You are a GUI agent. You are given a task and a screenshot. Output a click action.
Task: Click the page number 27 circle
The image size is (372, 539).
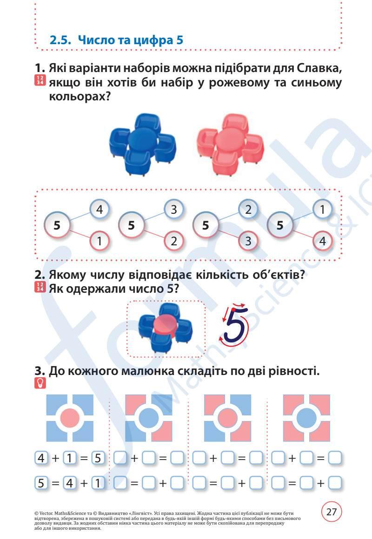click(x=331, y=512)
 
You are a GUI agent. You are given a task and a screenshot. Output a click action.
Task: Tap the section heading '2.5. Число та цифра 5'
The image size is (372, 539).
click(x=116, y=40)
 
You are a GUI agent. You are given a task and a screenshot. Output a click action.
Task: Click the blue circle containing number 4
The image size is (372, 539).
click(x=99, y=210)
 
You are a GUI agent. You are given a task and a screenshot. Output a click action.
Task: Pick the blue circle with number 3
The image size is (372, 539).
click(x=173, y=210)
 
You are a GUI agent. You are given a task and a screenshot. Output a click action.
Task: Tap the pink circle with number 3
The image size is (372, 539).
click(x=248, y=241)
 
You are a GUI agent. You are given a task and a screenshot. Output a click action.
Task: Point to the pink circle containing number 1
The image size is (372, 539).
click(x=99, y=241)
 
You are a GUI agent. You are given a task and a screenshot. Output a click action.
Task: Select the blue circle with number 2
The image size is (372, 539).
click(x=248, y=210)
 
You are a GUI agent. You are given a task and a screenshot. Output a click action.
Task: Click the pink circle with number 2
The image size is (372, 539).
click(x=173, y=241)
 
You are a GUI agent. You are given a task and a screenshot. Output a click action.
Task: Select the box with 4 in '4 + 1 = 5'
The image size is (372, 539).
click(x=41, y=458)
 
